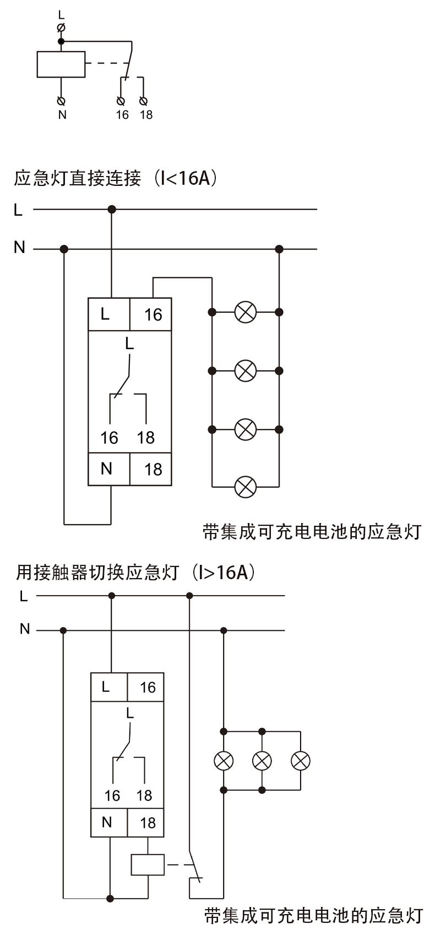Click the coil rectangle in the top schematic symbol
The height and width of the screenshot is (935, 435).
[x=61, y=64]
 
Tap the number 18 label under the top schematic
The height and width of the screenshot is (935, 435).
[x=146, y=115]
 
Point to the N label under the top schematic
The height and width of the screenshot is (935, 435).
[x=62, y=115]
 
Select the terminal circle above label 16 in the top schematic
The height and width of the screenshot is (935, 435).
[x=121, y=101]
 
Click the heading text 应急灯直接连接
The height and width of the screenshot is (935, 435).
[x=78, y=179]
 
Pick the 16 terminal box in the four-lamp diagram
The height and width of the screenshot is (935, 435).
[x=151, y=315]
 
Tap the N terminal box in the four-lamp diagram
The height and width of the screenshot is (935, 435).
[x=108, y=469]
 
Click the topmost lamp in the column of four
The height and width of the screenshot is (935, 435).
[x=246, y=312]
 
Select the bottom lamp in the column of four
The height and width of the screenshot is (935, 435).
[x=246, y=487]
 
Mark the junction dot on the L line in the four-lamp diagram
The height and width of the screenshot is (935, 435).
[x=112, y=209]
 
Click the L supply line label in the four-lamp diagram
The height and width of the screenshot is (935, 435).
[x=18, y=210]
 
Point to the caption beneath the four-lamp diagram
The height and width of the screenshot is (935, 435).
[x=312, y=532]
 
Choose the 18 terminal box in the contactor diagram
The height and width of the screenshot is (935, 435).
[x=146, y=823]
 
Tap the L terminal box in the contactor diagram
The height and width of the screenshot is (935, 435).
[x=108, y=687]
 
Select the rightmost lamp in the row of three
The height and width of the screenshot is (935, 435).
[x=301, y=761]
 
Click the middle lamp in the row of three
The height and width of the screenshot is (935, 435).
[x=262, y=761]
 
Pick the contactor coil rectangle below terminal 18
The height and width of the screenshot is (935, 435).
[x=148, y=865]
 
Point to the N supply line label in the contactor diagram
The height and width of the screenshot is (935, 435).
[x=24, y=629]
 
